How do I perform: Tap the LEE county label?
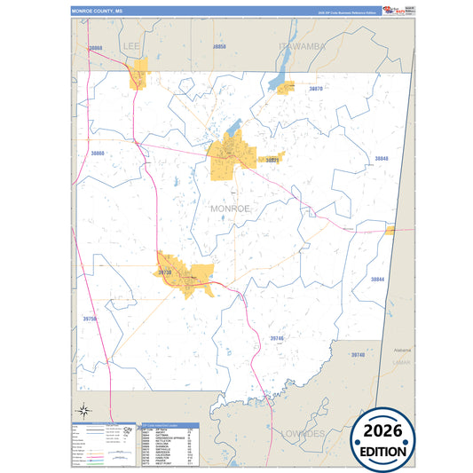click(x=132, y=44)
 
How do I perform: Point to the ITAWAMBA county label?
click(x=304, y=45)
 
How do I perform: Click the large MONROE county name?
click(x=231, y=208)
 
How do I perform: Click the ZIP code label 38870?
click(x=315, y=90)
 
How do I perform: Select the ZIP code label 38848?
click(x=381, y=159)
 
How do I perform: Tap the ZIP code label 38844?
click(x=378, y=279)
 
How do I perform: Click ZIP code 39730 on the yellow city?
click(x=164, y=273)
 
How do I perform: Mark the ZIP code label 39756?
click(x=90, y=318)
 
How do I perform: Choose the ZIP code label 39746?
click(x=277, y=338)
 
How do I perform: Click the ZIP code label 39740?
click(x=358, y=355)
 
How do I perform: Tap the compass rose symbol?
click(x=83, y=410)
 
